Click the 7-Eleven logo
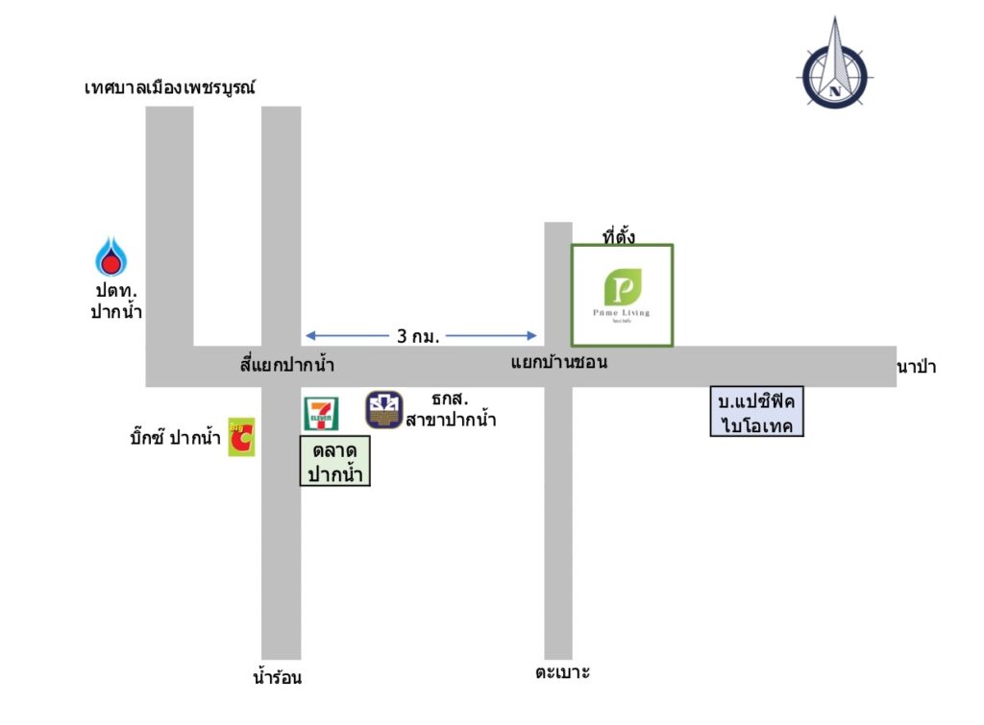click(320, 413)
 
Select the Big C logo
click(241, 437)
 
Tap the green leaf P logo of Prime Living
click(622, 289)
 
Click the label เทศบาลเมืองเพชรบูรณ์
click(175, 88)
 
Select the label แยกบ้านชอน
click(559, 364)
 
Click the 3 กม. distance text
click(418, 337)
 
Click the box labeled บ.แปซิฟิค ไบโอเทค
click(756, 411)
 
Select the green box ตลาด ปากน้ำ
click(335, 461)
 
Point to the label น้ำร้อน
click(278, 677)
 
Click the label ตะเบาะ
click(562, 672)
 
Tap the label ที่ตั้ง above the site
click(618, 234)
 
